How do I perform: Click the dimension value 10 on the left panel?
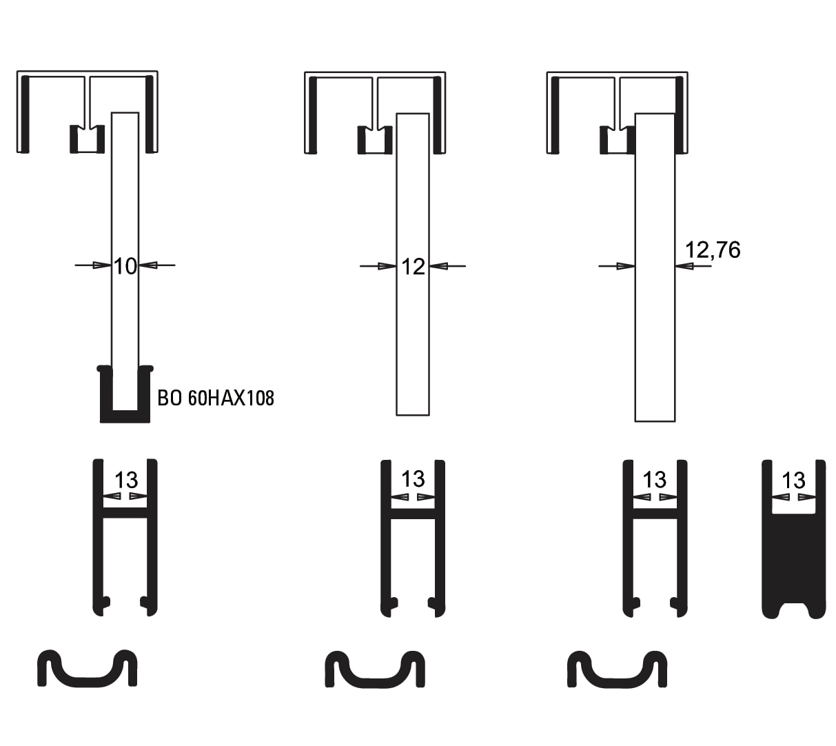click(125, 267)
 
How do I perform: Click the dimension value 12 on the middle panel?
click(413, 267)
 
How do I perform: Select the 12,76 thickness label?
click(713, 250)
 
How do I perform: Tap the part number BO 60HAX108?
click(216, 398)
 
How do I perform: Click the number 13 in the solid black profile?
click(793, 481)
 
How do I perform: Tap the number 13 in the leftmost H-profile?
click(126, 480)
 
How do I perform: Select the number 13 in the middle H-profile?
click(413, 479)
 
